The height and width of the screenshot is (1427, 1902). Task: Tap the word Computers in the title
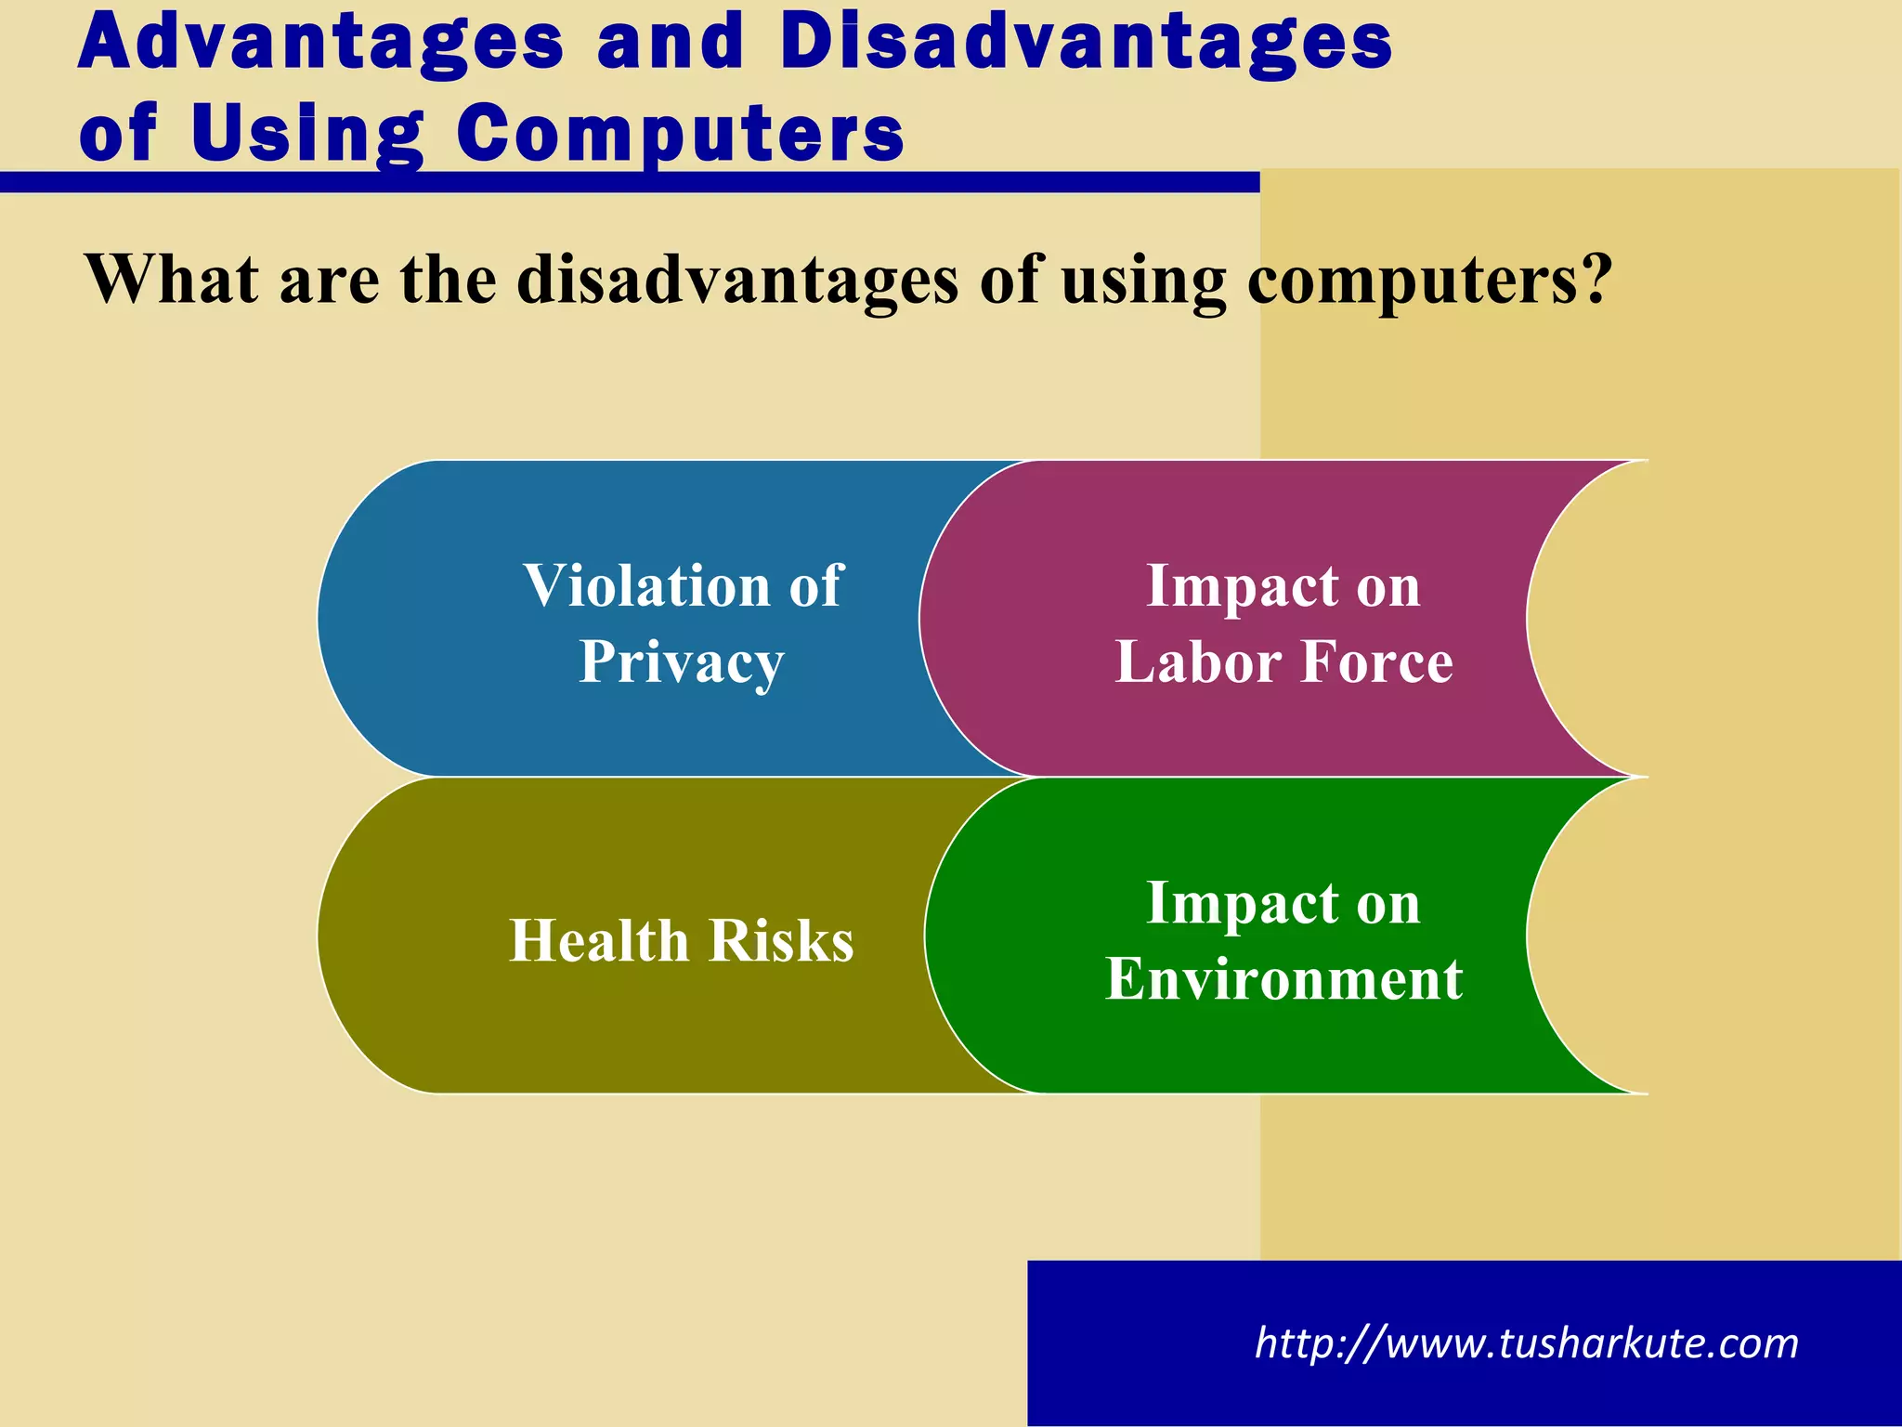(680, 133)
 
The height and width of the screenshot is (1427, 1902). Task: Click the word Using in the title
(307, 133)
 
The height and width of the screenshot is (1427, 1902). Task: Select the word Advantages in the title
(320, 43)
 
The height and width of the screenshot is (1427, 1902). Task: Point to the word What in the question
(171, 279)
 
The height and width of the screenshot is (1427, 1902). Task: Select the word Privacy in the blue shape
(682, 662)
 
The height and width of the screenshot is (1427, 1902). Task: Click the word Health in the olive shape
(597, 940)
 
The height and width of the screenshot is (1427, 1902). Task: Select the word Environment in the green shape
(1283, 978)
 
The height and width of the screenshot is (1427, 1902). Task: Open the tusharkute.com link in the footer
(1526, 1343)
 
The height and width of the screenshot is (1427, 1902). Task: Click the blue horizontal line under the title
(630, 182)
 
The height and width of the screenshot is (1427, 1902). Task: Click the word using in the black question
(1143, 279)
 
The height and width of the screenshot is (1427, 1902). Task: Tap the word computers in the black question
(1412, 279)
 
